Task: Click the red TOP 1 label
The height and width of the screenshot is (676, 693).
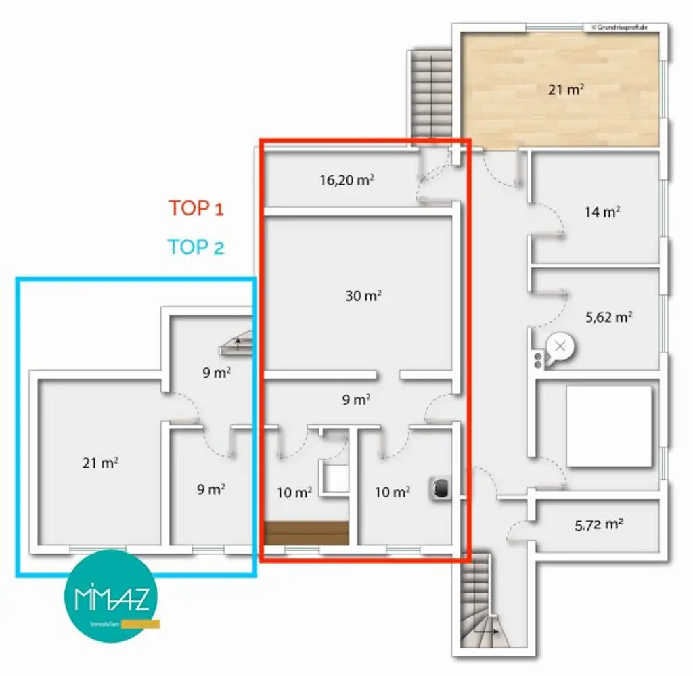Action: tap(196, 208)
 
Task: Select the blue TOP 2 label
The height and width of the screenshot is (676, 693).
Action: tap(196, 247)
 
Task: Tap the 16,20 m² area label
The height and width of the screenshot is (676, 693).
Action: tap(346, 181)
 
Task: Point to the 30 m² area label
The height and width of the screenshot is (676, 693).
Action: tap(363, 296)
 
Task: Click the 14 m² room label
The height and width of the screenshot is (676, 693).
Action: tap(602, 211)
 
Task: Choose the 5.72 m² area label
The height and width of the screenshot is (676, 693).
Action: tap(598, 524)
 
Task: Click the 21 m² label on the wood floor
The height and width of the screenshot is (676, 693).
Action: tap(566, 89)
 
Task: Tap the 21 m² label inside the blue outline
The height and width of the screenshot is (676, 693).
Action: tap(100, 463)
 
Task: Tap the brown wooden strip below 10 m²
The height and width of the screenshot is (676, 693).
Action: tap(306, 533)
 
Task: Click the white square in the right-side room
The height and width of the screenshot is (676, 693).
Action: tap(609, 426)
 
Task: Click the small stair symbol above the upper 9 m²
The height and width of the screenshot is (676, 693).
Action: tap(235, 344)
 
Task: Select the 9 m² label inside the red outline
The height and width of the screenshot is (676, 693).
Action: tap(356, 399)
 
